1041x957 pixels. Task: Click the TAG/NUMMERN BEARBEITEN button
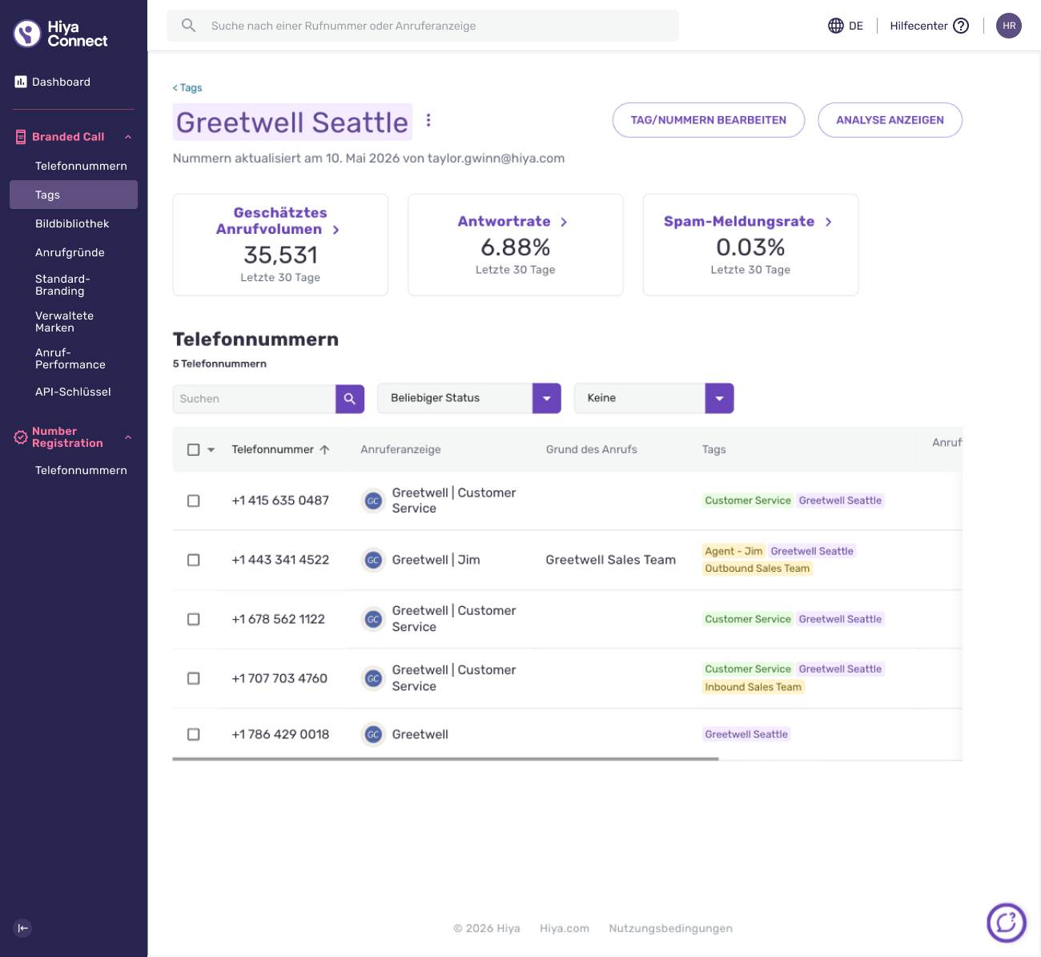708,120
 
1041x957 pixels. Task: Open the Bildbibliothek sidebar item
72,223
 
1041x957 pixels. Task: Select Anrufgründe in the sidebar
70,253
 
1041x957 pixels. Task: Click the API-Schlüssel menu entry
73,392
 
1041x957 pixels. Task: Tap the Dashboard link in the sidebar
61,82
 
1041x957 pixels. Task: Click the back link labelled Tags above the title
187,88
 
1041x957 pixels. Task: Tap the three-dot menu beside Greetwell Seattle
428,120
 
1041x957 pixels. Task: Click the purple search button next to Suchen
350,399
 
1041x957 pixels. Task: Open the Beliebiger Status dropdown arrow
546,398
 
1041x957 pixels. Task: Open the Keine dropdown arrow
719,398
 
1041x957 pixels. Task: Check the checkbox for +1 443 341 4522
194,560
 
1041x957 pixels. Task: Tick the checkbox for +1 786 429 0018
194,734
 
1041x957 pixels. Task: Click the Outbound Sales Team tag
758,569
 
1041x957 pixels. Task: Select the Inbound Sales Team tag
753,687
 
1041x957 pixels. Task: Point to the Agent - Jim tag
734,551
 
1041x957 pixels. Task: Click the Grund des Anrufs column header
591,449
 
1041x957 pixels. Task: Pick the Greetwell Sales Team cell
611,560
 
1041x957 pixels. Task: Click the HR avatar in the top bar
1008,26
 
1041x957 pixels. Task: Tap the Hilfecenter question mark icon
961,26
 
